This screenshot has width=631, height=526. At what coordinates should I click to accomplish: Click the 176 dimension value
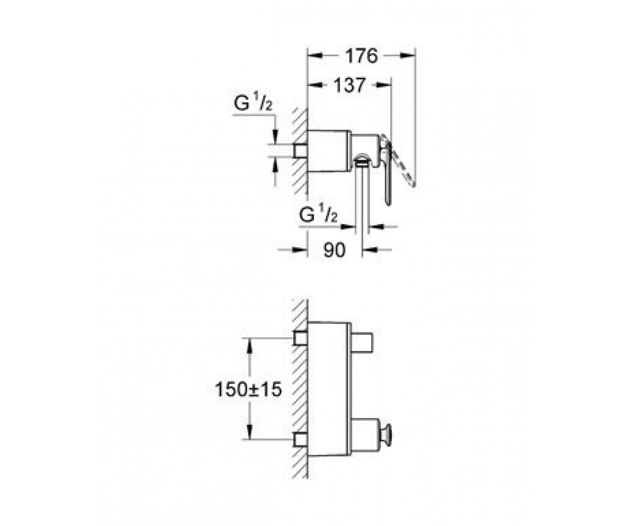coord(361,56)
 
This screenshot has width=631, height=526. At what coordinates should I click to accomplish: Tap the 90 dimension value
coord(334,250)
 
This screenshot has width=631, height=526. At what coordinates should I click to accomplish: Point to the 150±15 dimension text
coord(248,389)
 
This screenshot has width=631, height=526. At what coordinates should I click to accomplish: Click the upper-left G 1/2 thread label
coord(253,104)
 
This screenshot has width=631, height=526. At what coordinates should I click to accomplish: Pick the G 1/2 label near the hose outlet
coord(318,215)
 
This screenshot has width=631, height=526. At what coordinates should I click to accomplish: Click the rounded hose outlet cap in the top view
coord(361,159)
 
